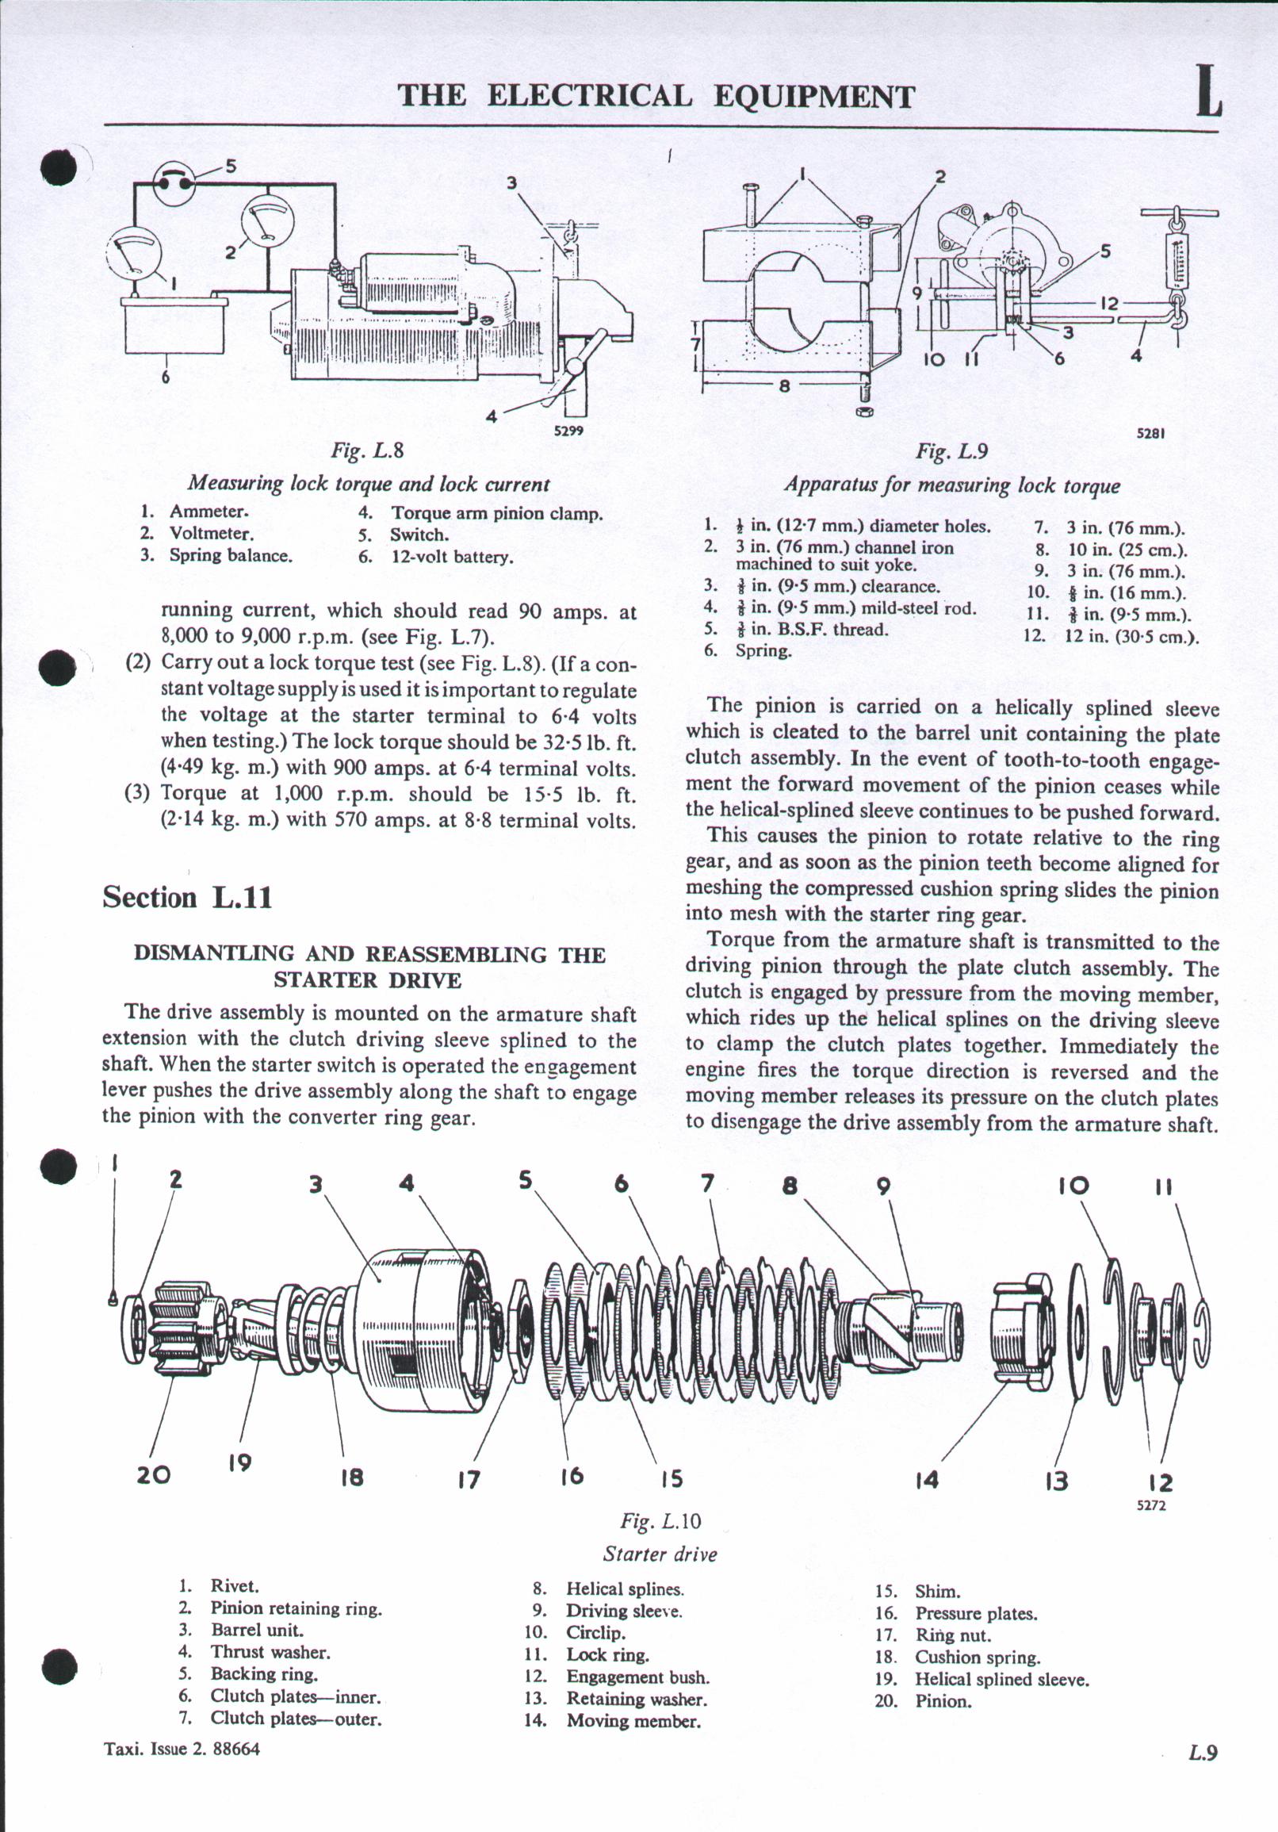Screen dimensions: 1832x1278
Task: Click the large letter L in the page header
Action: pyautogui.click(x=1208, y=94)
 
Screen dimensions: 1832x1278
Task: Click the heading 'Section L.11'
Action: pyautogui.click(x=187, y=898)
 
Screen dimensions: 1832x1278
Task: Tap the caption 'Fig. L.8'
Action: pyautogui.click(x=368, y=450)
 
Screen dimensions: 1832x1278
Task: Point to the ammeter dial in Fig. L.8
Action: pyautogui.click(x=132, y=253)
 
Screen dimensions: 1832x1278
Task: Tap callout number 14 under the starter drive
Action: pyautogui.click(x=927, y=1480)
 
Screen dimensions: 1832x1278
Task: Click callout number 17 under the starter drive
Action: pyautogui.click(x=469, y=1479)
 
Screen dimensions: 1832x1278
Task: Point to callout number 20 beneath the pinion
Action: pyautogui.click(x=153, y=1474)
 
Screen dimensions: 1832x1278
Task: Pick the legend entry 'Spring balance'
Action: pyautogui.click(x=231, y=555)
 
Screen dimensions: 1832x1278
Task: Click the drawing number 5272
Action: pyautogui.click(x=1151, y=1507)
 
